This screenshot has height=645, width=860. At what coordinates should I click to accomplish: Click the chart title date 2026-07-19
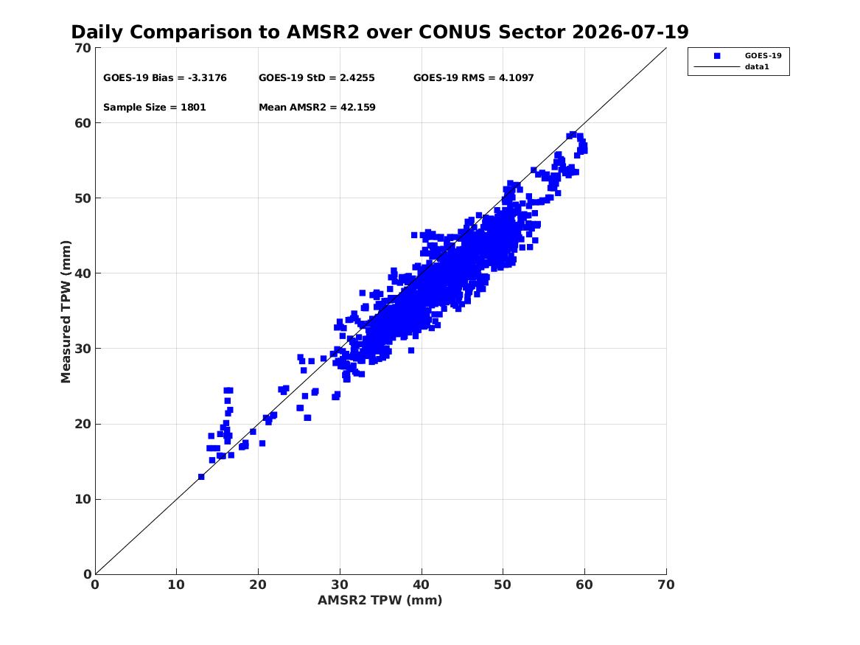pos(630,32)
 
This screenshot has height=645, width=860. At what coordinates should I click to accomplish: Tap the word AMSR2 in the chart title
pos(323,32)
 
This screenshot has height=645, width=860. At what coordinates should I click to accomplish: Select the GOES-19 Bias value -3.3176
pos(207,78)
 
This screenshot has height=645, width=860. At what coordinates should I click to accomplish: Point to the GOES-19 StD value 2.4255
pos(357,78)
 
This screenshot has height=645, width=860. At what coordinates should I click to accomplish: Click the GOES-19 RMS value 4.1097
pos(516,78)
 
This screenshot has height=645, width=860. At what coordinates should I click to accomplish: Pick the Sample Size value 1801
pos(194,108)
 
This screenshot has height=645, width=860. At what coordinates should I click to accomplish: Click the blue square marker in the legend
pos(717,56)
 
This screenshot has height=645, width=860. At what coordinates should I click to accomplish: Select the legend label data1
pos(757,67)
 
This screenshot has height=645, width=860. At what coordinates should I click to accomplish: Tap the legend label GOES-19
pos(763,56)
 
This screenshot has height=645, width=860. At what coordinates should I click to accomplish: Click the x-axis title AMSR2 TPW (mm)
pos(380,601)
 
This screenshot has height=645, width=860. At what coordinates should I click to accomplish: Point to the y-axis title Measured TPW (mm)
pos(66,312)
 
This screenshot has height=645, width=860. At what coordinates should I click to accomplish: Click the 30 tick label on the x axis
pos(340,585)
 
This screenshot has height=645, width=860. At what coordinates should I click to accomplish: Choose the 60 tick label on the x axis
pos(584,585)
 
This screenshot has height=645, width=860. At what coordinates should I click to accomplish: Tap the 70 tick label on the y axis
pos(83,48)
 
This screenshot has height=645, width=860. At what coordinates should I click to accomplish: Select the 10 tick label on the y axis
pos(83,499)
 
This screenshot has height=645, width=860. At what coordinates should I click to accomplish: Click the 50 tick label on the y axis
pos(83,198)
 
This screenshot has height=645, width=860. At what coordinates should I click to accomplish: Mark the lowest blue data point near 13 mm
pos(201,477)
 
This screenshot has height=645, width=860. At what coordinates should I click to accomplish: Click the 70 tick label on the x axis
pos(666,585)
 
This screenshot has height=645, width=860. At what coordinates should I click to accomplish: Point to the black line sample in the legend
pos(717,67)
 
